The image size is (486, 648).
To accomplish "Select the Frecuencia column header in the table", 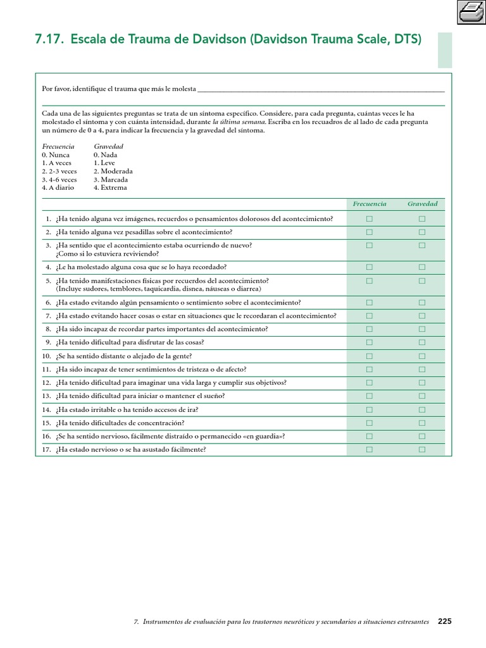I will pyautogui.click(x=369, y=204).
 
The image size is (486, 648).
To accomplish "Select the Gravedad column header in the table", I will pyautogui.click(x=422, y=204).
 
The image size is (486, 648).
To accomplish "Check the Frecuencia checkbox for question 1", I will pyautogui.click(x=369, y=219).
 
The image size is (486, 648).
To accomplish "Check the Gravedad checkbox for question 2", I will pyautogui.click(x=422, y=232).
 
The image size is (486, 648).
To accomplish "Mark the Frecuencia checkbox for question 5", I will pyautogui.click(x=369, y=280).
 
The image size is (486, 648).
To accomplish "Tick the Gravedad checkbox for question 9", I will pyautogui.click(x=422, y=342).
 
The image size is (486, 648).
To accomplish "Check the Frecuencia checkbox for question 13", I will pyautogui.click(x=369, y=396).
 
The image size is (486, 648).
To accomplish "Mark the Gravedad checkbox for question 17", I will pyautogui.click(x=422, y=450).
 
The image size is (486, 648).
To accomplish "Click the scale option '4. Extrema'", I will pyautogui.click(x=110, y=187).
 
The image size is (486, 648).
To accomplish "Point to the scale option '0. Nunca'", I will pyautogui.click(x=56, y=154).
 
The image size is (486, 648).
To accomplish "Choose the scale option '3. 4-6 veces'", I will pyautogui.click(x=59, y=179).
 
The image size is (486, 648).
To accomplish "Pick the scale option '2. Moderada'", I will pyautogui.click(x=113, y=171).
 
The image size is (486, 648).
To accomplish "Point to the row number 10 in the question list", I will pyautogui.click(x=46, y=356).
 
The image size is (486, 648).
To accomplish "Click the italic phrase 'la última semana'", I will pyautogui.click(x=239, y=121).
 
